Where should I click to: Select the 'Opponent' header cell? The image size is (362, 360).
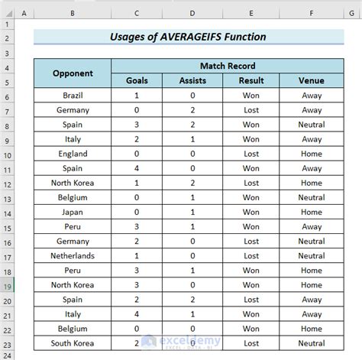73,73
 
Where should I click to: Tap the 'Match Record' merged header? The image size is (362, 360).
228,66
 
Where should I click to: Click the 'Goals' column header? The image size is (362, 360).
137,80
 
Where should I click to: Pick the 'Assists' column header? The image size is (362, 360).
192,80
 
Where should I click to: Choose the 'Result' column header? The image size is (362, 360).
251,80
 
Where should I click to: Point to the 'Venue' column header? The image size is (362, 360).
311,80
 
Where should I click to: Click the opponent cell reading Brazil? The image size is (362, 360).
73,96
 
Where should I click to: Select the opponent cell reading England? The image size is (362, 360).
73,154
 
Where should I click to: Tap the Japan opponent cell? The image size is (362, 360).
73,212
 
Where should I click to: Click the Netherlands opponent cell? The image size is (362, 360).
73,256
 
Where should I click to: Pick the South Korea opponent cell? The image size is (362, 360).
73,343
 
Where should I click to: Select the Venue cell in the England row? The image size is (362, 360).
311,154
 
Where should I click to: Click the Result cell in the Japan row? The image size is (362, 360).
251,212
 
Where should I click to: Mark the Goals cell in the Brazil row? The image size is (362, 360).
137,96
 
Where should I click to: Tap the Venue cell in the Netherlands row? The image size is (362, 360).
311,256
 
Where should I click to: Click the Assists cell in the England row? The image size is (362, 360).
192,154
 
